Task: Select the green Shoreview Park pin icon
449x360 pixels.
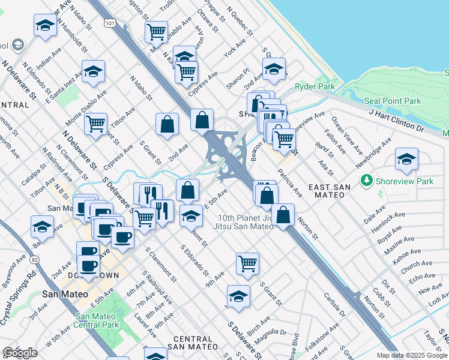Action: click(367, 180)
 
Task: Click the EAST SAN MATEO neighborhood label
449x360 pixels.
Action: click(329, 188)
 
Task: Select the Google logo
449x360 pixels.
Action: click(20, 353)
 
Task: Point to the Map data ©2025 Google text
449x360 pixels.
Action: click(412, 355)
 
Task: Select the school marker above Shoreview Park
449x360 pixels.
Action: click(406, 159)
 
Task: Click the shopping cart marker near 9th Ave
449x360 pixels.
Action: click(247, 263)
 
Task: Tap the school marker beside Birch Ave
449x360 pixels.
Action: click(238, 296)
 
